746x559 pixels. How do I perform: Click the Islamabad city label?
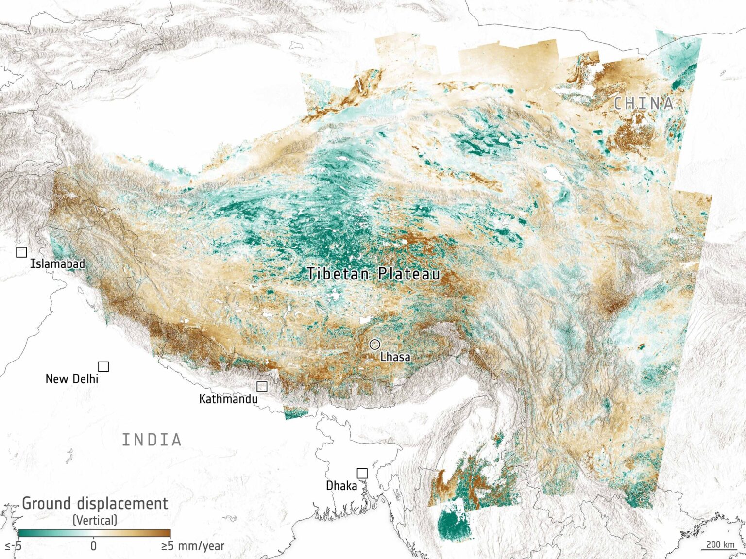[57, 264]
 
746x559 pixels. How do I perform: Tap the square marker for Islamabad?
[21, 252]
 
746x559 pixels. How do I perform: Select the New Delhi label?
[71, 379]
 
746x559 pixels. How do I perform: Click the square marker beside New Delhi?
[103, 366]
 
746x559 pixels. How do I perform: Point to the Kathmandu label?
[228, 399]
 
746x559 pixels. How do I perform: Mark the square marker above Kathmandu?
[262, 386]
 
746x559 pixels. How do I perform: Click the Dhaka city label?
[341, 486]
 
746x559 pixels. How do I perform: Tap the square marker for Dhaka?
[362, 473]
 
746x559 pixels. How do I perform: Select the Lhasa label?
[395, 357]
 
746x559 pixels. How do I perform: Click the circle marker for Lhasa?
[374, 345]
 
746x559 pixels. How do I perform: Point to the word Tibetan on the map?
[338, 274]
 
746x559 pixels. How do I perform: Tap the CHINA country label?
[644, 103]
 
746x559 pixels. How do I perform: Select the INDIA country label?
[152, 440]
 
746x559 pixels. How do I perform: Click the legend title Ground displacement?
[95, 504]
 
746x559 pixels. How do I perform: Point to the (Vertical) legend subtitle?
[95, 520]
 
